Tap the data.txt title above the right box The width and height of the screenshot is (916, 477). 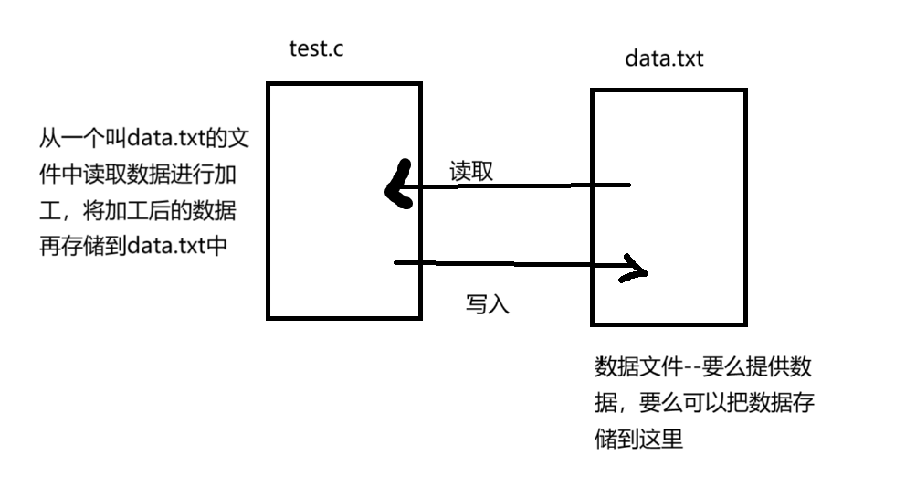(x=664, y=58)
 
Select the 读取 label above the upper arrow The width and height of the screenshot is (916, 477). (x=471, y=171)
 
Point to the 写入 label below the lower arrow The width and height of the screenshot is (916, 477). (x=487, y=303)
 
